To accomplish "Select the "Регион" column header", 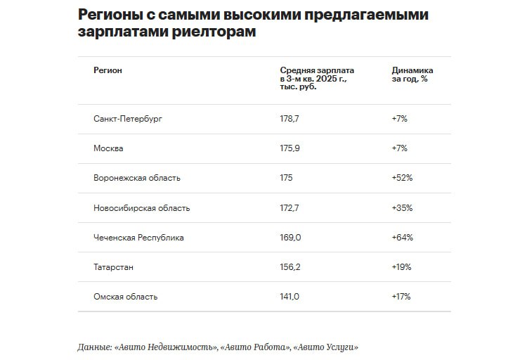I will [108, 70].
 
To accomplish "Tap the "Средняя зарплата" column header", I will [317, 70].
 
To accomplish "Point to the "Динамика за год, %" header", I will [412, 75].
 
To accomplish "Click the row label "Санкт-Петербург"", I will [127, 119].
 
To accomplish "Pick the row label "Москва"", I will [108, 148].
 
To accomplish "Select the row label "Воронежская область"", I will [136, 178].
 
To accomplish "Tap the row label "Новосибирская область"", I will [141, 208].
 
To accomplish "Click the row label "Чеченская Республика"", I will [138, 238].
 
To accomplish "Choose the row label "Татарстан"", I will [113, 267].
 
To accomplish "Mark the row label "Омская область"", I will [125, 297].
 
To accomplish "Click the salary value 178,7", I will [289, 119].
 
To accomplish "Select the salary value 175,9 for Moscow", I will [289, 148].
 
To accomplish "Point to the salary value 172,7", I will [289, 208].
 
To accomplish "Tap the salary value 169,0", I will [290, 238].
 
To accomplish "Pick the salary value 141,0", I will [289, 297].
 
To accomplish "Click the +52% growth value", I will [402, 178].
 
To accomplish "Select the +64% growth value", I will [402, 238].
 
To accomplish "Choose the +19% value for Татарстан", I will [401, 267].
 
